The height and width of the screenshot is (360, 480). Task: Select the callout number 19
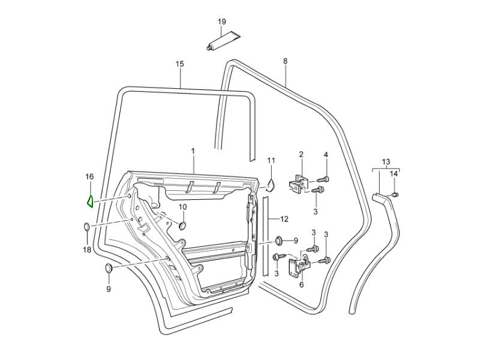coord(221,22)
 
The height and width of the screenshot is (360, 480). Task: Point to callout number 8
coord(285,61)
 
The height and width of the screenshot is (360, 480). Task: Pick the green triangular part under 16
coord(89,200)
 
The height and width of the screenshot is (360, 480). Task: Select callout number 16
coord(89,177)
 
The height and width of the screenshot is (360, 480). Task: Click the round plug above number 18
coord(86,227)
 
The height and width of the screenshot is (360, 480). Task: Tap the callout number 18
coord(86,250)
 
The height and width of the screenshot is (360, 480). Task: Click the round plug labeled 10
coord(183,225)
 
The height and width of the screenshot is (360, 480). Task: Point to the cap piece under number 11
coord(270,184)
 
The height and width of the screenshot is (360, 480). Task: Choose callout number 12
coord(284,218)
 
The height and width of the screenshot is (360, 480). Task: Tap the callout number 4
coord(326,155)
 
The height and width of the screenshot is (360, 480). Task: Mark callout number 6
coord(301,284)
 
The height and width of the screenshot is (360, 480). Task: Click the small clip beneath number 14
coord(395,194)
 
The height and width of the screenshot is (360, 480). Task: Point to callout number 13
coord(386,161)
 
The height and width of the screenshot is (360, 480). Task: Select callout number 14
coord(394,174)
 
